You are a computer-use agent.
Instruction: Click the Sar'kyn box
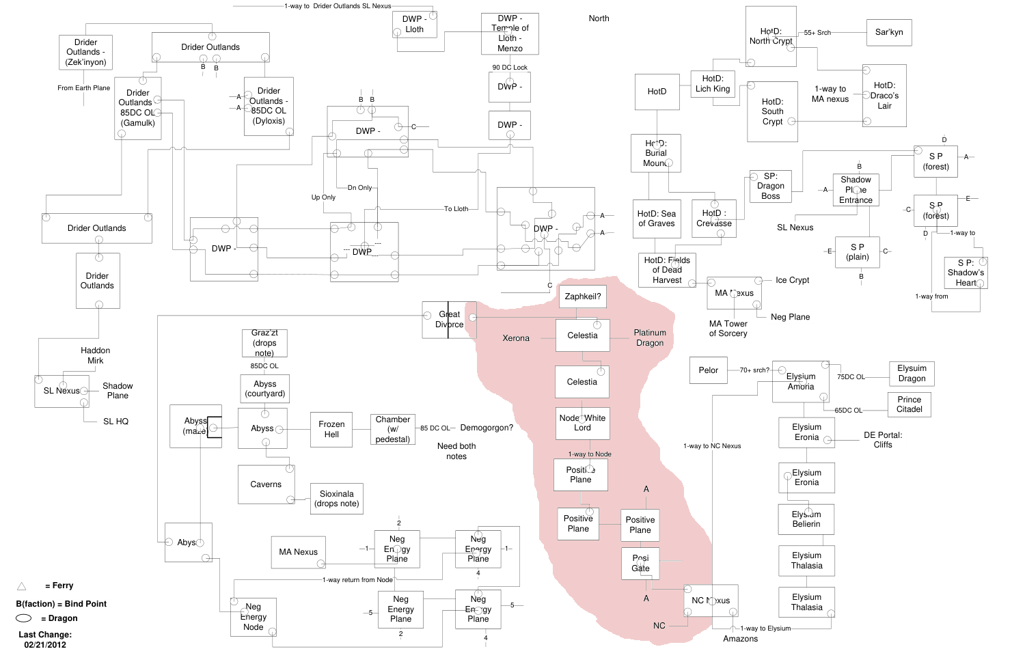[889, 32]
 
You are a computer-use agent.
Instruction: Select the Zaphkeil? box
[583, 296]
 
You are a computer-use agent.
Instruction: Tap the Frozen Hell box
[331, 429]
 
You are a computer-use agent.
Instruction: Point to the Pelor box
[708, 370]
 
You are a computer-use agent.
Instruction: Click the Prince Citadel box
[909, 404]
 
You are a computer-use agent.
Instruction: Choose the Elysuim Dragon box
[912, 373]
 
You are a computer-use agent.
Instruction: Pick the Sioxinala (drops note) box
[337, 499]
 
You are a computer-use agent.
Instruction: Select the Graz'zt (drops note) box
[264, 343]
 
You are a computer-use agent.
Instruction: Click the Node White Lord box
[582, 423]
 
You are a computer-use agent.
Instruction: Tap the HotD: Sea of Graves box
[656, 219]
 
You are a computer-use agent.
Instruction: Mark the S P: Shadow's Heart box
[966, 273]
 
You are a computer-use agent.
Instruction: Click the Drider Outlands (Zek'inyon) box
[85, 52]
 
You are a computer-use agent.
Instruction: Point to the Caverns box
[266, 484]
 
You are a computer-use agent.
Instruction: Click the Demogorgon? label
[487, 428]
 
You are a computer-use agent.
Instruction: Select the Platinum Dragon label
[650, 337]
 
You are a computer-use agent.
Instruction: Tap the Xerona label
[516, 338]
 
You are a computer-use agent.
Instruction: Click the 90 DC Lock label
[510, 68]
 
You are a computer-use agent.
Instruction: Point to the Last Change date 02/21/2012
[45, 644]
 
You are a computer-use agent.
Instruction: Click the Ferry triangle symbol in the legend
[21, 585]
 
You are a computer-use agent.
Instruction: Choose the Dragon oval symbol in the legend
[24, 618]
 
